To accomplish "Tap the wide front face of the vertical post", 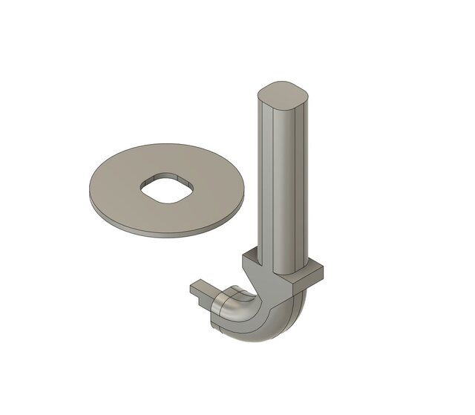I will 290,186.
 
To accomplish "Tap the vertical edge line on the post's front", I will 277,186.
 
